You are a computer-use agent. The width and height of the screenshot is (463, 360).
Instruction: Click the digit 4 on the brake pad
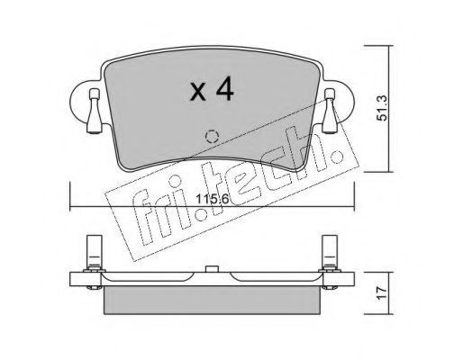(x=223, y=88)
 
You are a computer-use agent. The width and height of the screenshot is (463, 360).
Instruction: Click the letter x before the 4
(x=198, y=92)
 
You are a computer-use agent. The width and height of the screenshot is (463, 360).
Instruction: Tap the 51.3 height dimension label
(x=382, y=108)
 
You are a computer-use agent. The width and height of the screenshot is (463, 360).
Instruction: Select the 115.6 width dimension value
(x=213, y=199)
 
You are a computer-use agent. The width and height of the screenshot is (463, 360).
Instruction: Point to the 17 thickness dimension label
(x=382, y=293)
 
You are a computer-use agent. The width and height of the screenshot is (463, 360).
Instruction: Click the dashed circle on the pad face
(x=212, y=137)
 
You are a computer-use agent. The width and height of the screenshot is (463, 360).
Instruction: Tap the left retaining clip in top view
(x=95, y=111)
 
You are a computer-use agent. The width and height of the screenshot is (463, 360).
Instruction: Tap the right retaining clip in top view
(x=330, y=111)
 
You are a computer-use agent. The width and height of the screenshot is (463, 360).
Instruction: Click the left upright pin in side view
(x=95, y=252)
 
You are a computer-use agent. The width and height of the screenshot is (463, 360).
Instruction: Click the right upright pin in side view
(x=330, y=252)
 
